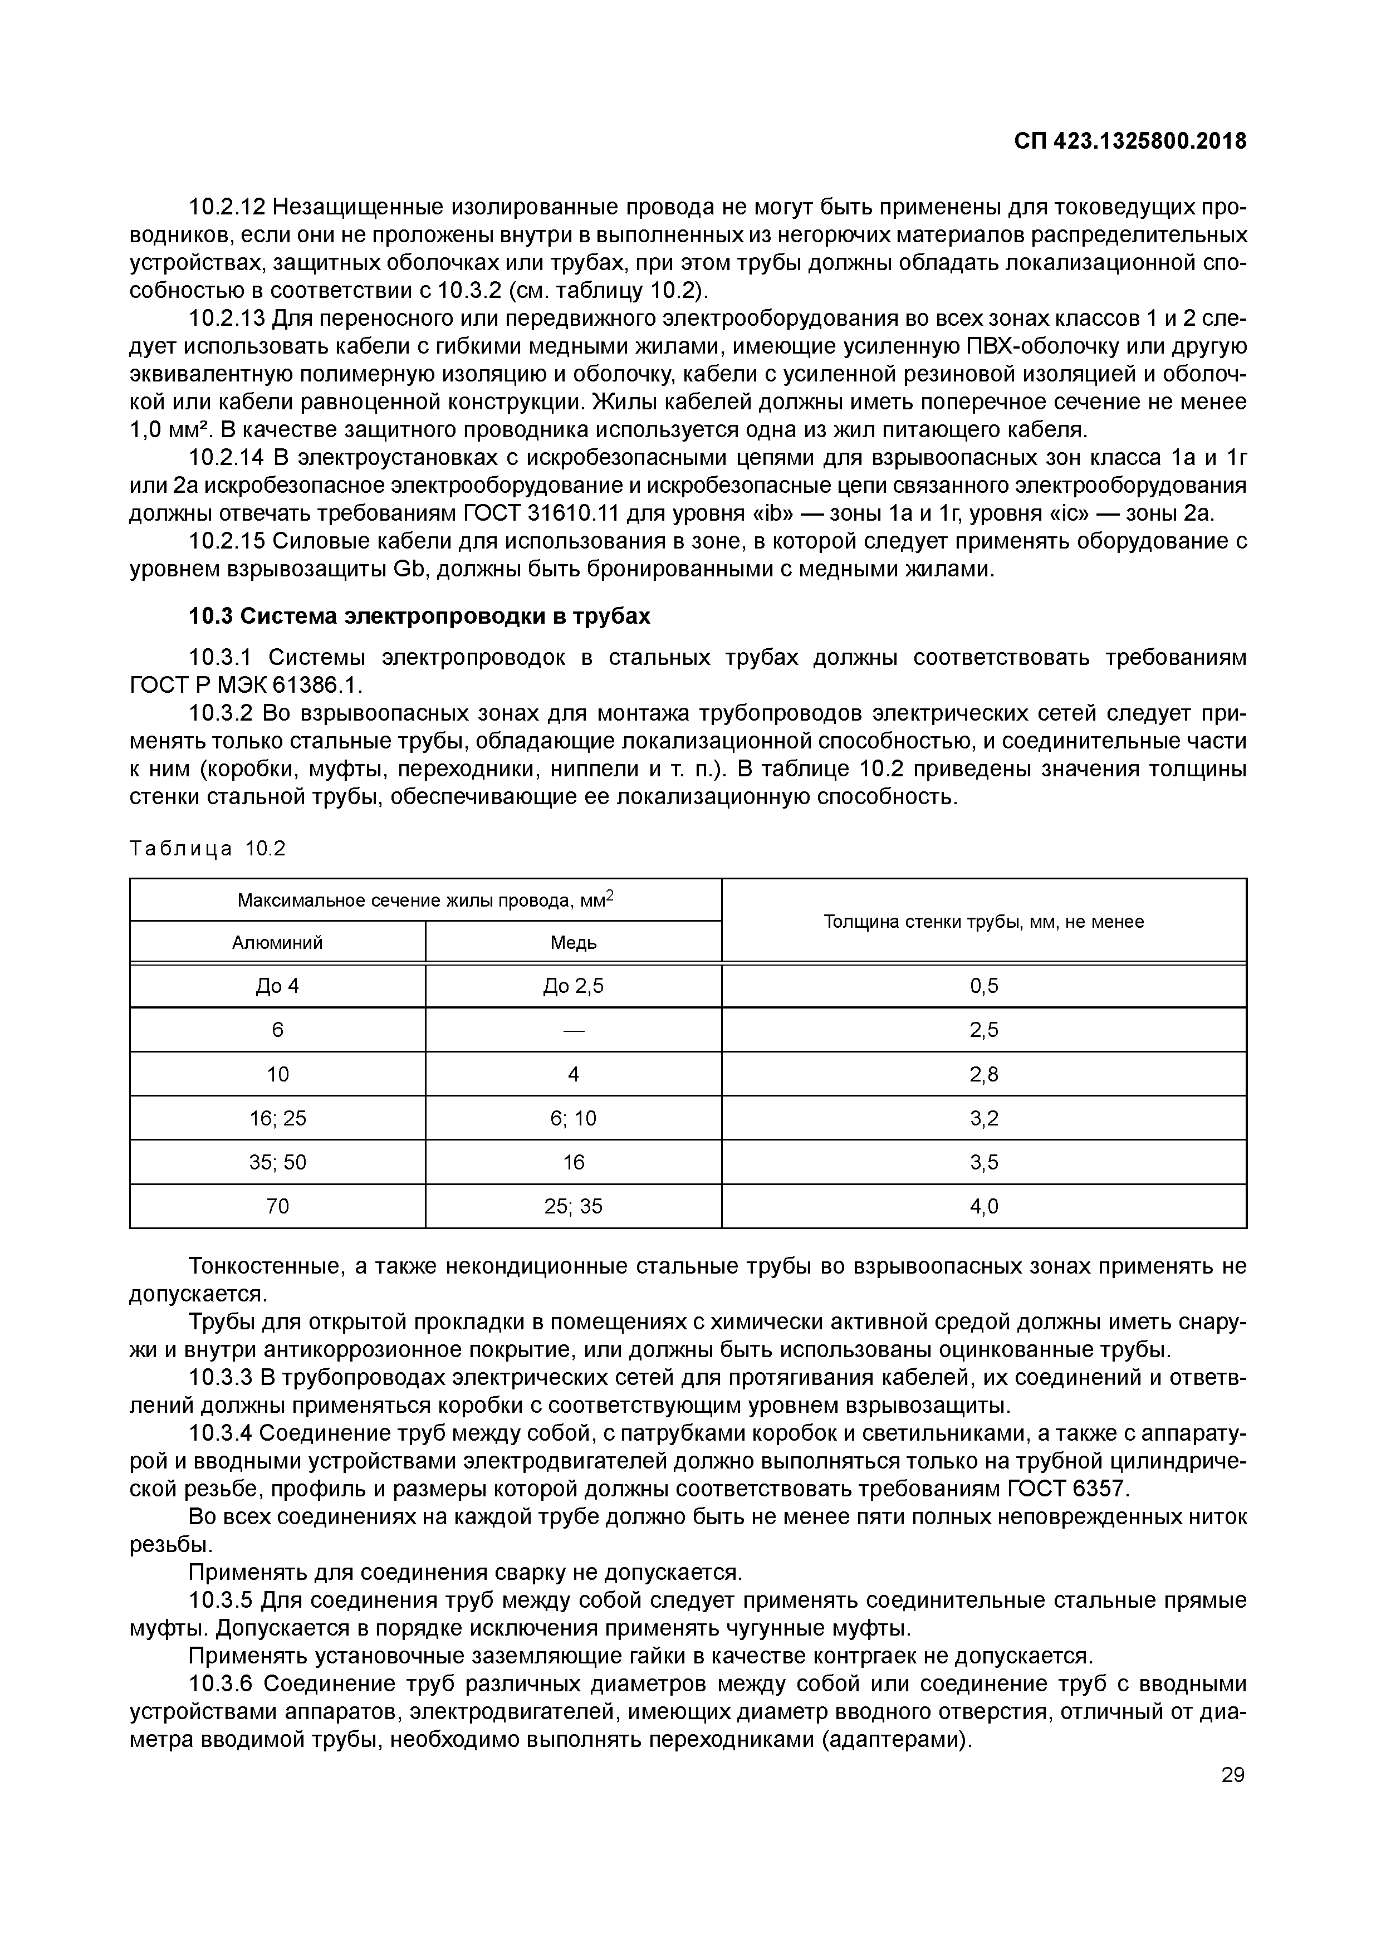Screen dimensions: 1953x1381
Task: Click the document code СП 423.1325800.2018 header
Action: click(1130, 141)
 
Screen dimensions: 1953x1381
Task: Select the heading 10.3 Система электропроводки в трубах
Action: click(419, 616)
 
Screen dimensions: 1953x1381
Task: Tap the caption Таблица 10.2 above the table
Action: click(208, 849)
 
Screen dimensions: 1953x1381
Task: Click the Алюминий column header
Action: click(277, 942)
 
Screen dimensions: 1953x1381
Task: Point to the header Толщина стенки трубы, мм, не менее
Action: click(984, 921)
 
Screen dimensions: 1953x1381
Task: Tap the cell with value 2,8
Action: click(984, 1074)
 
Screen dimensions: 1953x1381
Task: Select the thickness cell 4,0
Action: click(984, 1206)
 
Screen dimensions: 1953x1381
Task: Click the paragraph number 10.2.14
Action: click(226, 458)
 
